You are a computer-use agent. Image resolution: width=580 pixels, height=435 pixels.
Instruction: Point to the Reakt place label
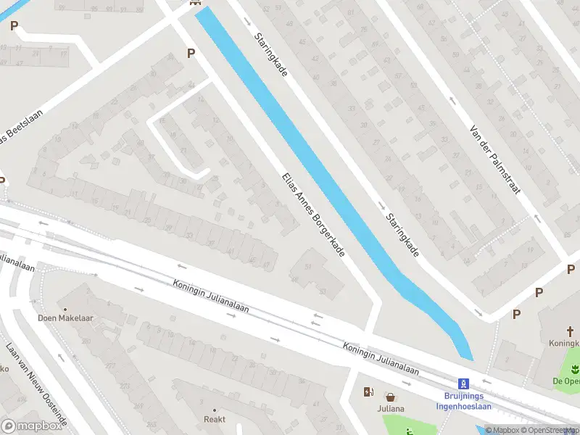214,419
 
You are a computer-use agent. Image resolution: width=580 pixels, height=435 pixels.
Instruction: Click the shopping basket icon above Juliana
391,397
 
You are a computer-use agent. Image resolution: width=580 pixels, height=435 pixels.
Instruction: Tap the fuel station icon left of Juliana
368,392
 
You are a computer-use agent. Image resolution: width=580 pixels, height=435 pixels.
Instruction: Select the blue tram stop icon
462,384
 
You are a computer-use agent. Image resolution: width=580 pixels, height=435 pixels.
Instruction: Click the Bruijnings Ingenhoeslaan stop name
463,401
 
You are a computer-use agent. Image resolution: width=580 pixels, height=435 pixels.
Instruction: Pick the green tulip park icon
573,369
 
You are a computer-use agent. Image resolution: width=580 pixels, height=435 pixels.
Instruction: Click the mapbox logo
32,426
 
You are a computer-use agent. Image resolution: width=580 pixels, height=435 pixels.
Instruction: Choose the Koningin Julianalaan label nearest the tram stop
381,358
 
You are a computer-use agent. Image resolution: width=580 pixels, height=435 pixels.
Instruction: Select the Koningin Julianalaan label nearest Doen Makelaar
211,297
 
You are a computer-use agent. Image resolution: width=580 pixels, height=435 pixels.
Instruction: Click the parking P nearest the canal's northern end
191,53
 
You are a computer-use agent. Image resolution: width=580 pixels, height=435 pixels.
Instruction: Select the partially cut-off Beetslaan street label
22,128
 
